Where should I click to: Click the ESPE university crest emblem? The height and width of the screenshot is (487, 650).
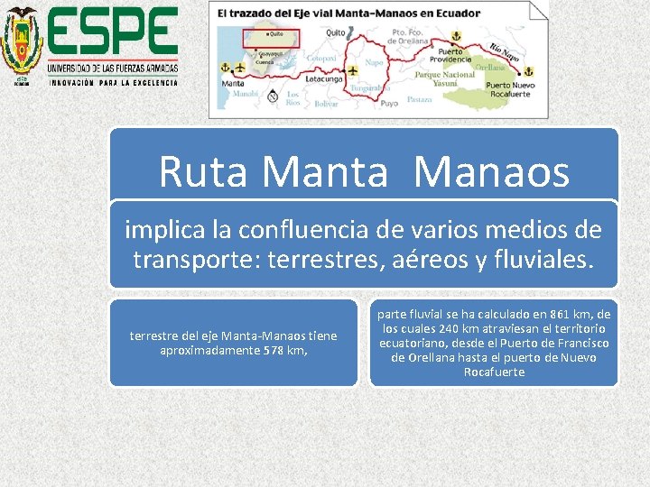[21, 43]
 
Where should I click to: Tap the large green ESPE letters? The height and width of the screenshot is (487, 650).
[112, 32]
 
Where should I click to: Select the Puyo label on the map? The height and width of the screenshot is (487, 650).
[389, 103]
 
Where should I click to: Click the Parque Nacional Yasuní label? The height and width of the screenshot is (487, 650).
[444, 80]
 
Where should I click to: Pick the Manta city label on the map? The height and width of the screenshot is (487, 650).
[232, 83]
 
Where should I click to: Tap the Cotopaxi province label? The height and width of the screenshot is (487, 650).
[320, 57]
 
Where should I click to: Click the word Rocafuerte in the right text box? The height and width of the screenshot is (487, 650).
[493, 372]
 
